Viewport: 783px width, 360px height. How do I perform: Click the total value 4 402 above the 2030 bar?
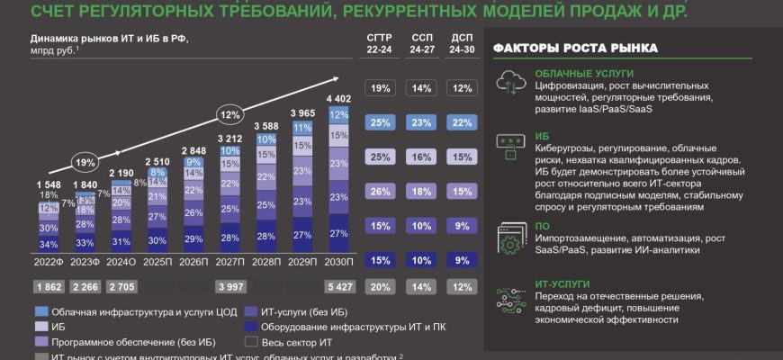[339, 98]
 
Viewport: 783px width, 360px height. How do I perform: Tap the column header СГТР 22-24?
[380, 45]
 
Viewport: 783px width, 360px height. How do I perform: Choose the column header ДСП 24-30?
[462, 45]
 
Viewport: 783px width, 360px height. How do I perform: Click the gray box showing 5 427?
[339, 286]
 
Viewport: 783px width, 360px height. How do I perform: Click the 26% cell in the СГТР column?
[380, 191]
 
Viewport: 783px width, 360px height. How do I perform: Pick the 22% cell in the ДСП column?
[462, 121]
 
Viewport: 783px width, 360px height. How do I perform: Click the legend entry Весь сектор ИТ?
[288, 342]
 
